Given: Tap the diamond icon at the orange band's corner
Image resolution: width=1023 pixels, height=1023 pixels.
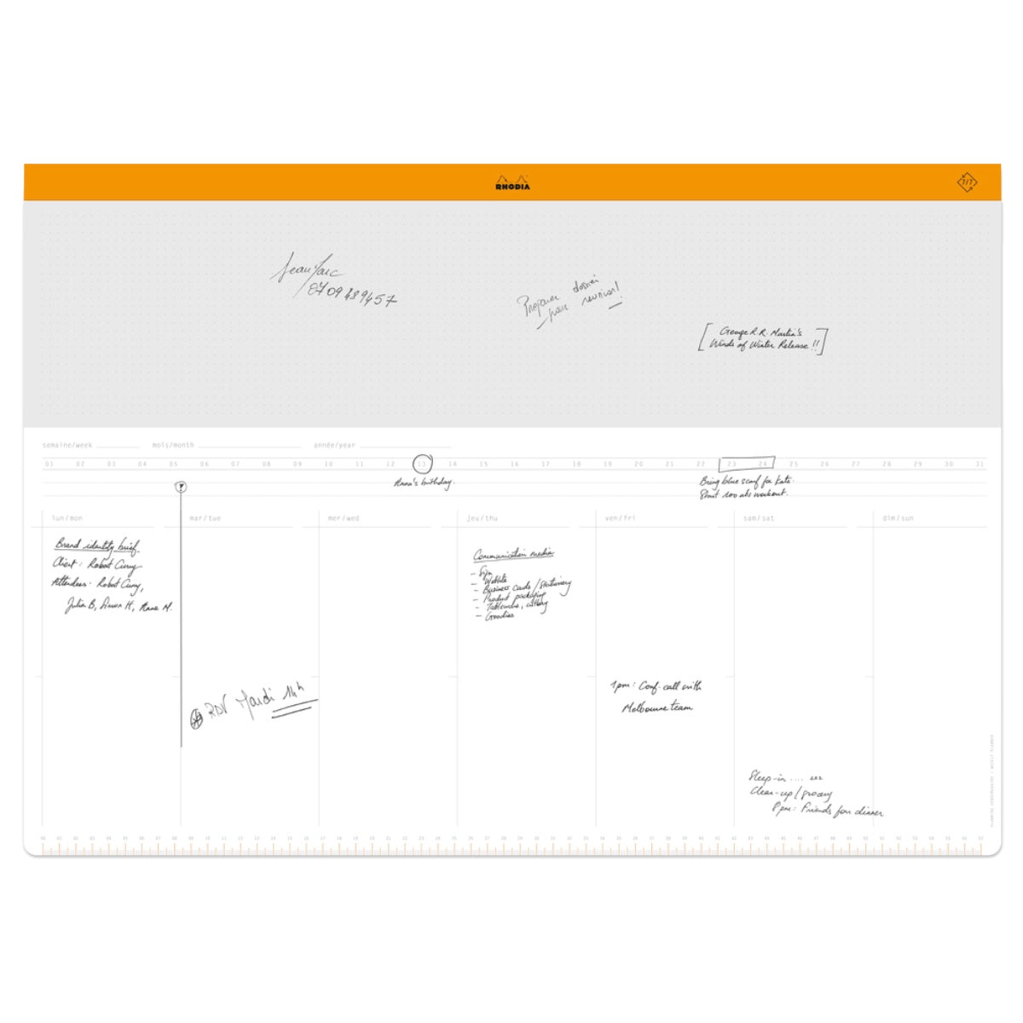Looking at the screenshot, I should [x=967, y=182].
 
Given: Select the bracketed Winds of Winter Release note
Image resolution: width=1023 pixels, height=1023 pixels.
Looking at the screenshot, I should [x=762, y=339].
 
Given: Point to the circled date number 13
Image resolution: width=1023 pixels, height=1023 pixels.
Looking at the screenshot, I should [x=422, y=464].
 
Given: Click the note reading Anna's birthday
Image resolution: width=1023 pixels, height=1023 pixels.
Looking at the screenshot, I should [x=424, y=483].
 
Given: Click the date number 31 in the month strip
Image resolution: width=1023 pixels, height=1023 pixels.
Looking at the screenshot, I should [x=980, y=465].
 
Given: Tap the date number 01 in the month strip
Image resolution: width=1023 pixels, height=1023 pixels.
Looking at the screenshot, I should [x=49, y=465].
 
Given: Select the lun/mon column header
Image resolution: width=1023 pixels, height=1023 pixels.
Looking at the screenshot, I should [x=67, y=518].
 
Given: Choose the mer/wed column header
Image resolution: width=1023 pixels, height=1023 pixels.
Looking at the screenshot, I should [x=344, y=518].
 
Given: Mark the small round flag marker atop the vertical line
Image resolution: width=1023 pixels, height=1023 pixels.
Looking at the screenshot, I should [x=181, y=487].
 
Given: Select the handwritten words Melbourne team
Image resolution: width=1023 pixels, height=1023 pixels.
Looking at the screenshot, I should [x=656, y=708].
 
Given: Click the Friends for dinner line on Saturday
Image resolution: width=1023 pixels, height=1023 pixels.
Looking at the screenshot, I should [x=827, y=811].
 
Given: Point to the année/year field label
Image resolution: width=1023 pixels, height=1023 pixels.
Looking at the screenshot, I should [x=334, y=445].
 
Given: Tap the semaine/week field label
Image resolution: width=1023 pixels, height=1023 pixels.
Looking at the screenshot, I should [x=67, y=445].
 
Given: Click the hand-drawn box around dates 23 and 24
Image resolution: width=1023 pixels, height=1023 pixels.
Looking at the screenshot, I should [x=747, y=464].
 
